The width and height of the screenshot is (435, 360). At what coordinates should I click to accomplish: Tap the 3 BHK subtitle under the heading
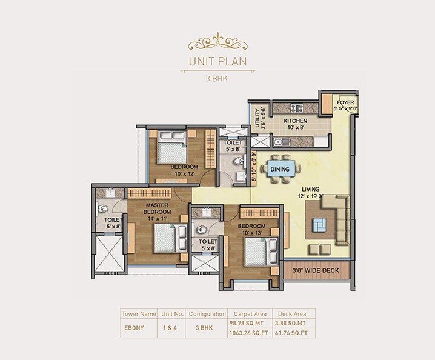(217, 78)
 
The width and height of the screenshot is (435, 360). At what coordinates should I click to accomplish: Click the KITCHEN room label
(296, 121)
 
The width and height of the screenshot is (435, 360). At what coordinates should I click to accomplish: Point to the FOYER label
(346, 102)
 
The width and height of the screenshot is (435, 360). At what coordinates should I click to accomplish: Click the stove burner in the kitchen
(297, 108)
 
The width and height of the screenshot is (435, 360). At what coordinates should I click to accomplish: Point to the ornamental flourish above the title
(217, 42)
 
